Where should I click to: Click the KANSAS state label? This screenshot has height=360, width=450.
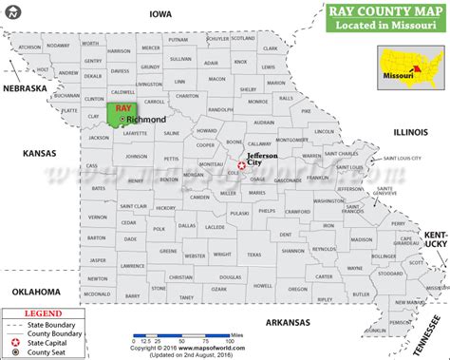pyautogui.click(x=37, y=152)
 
